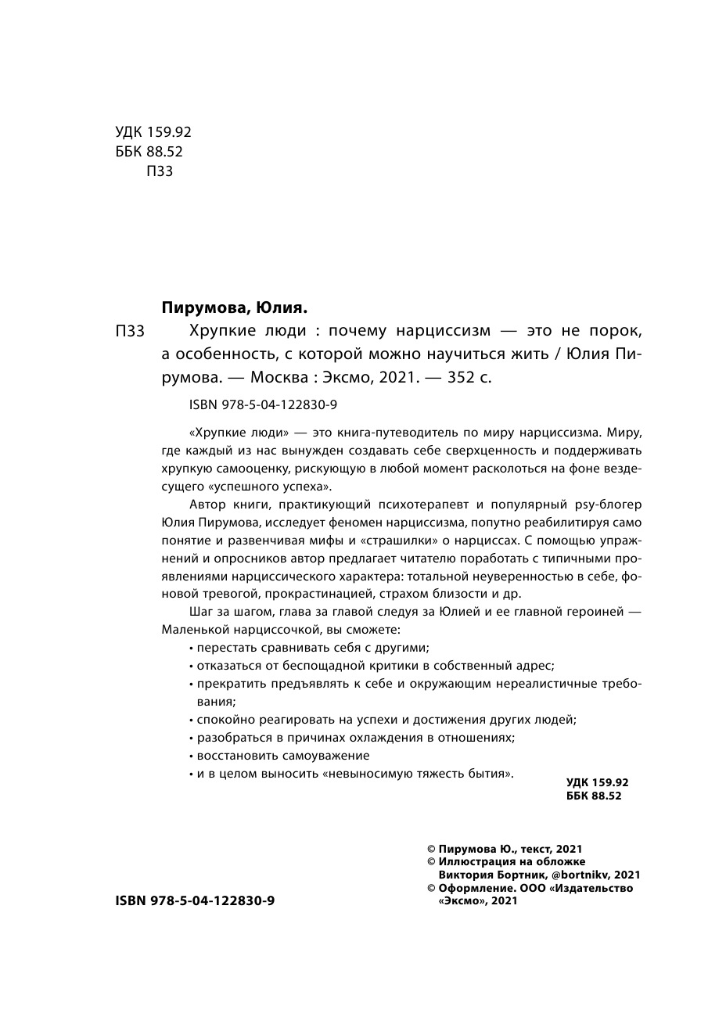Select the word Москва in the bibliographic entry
(278, 376)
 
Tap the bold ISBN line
(195, 900)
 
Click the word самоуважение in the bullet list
(329, 756)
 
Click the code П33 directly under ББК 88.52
(160, 171)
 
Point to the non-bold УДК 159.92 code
(153, 132)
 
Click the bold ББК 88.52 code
(592, 796)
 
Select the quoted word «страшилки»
(403, 541)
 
